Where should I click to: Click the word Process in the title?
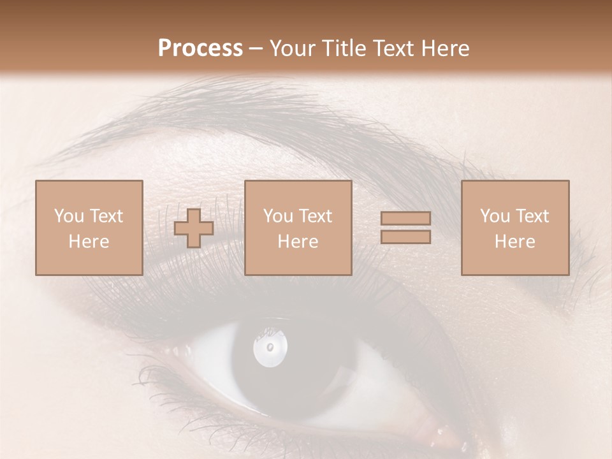pos(200,48)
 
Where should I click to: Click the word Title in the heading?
pos(345,48)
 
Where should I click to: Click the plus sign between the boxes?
pos(194,228)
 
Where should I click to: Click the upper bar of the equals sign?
pos(405,219)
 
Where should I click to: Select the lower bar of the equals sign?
pos(405,237)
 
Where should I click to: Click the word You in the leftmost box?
pos(69,216)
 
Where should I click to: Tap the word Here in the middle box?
pos(298,242)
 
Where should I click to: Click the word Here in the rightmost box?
pos(515,242)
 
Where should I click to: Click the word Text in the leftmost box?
pos(106,216)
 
